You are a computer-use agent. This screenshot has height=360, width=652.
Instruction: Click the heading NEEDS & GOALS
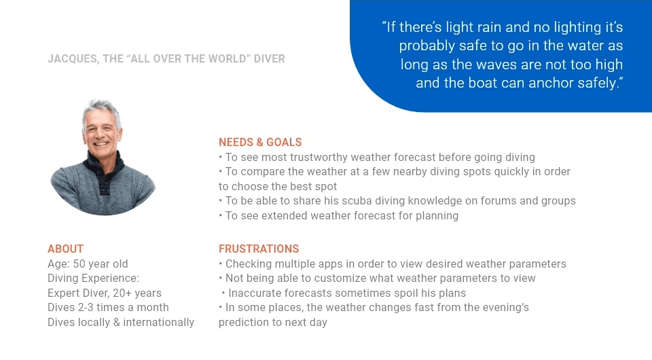pos(260,142)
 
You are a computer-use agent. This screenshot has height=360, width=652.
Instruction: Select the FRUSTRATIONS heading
pos(259,249)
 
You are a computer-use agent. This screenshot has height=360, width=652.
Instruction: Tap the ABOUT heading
pos(65,249)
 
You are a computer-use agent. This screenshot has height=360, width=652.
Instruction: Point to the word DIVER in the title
pos(270,58)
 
